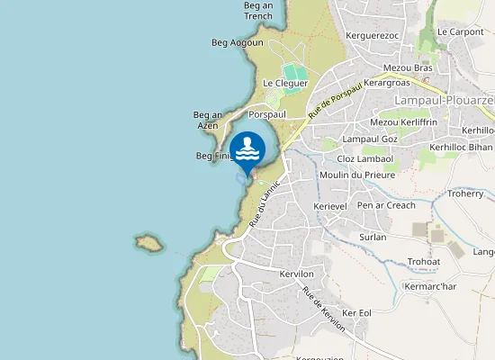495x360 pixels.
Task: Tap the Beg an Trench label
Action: tap(257, 10)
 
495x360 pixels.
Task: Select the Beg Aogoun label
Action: tap(238, 42)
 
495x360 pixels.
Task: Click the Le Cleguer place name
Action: tap(285, 83)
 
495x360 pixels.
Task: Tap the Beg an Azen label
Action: tap(208, 120)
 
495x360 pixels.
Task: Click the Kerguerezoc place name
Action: tap(372, 35)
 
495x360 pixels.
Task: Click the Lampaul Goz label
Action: tap(370, 139)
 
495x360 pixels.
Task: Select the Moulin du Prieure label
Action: tap(357, 175)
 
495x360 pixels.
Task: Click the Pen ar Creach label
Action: tap(386, 205)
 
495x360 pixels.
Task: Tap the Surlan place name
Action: tap(372, 237)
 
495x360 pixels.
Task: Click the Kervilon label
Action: tap(296, 274)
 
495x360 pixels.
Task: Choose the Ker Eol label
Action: tap(357, 312)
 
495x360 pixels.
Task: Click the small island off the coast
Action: tap(148, 242)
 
